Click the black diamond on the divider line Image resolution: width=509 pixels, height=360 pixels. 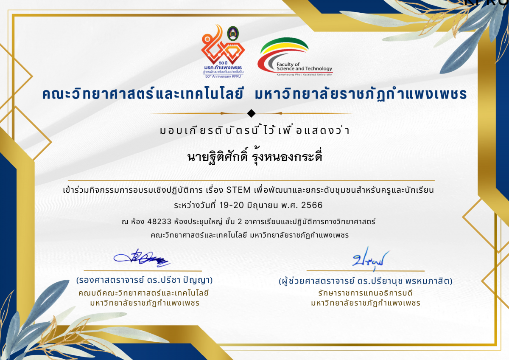coord(251,113)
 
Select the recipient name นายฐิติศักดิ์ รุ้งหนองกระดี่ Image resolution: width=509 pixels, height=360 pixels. coord(255,157)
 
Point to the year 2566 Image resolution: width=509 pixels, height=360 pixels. coord(311,205)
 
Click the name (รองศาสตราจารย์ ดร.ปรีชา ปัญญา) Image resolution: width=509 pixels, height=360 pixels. coord(144,281)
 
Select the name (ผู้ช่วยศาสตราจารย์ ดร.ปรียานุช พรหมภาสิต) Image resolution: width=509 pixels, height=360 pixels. coord(366,281)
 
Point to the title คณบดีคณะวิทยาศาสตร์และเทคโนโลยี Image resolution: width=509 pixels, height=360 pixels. coord(144,293)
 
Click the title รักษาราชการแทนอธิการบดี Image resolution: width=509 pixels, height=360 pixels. coord(366,293)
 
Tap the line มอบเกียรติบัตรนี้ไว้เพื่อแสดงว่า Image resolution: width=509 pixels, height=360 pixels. coord(255,131)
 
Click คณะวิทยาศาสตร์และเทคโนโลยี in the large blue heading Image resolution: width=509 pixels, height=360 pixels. coord(145,94)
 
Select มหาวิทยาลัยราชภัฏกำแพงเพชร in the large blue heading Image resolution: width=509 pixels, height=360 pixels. coord(360,94)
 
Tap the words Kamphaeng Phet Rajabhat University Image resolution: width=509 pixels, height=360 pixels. coord(295,74)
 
